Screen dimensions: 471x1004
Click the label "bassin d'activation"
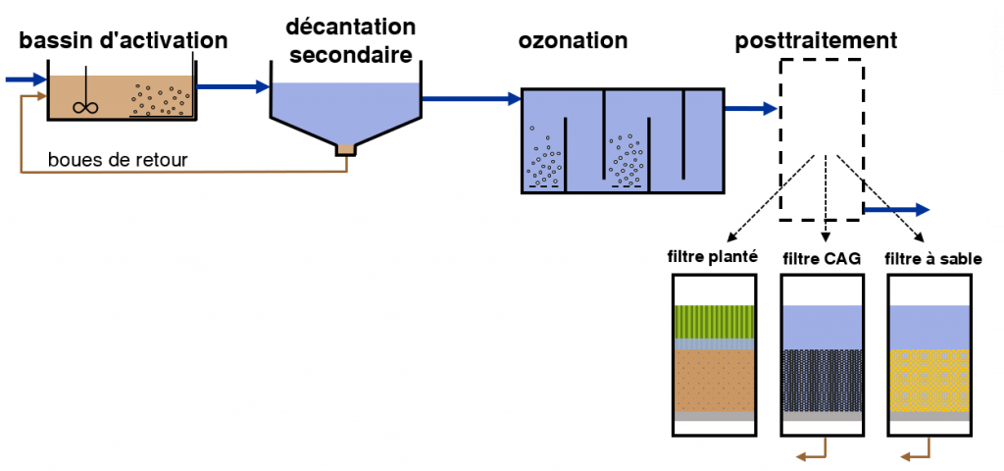[x=124, y=40]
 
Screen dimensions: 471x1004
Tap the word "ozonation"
[x=573, y=40]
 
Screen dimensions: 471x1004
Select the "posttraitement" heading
[x=816, y=40]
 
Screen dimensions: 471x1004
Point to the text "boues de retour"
[x=118, y=159]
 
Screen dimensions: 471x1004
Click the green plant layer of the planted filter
[x=714, y=322]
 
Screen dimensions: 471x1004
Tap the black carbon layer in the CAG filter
[x=822, y=381]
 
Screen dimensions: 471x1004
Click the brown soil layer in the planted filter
[x=714, y=381]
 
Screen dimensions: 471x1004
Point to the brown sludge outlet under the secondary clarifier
[x=346, y=150]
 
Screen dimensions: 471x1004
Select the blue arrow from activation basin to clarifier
[x=233, y=86]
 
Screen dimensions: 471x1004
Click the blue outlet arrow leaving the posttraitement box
[x=896, y=208]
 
